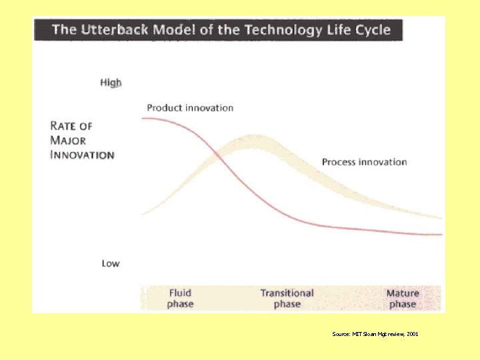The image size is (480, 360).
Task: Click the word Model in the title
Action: pyautogui.click(x=173, y=29)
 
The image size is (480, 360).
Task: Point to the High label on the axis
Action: pyautogui.click(x=111, y=83)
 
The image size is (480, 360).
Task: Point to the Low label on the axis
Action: pyautogui.click(x=111, y=263)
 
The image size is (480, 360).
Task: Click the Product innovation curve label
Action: pyautogui.click(x=190, y=107)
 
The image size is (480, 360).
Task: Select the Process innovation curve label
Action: pyautogui.click(x=364, y=161)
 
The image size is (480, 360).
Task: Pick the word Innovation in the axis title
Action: pyautogui.click(x=82, y=155)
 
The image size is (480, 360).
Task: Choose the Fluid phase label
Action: pyautogui.click(x=180, y=298)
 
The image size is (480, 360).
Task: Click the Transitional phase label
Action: pyautogui.click(x=287, y=298)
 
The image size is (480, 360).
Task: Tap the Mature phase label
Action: pyautogui.click(x=403, y=298)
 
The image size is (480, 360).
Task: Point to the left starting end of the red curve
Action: pyautogui.click(x=143, y=118)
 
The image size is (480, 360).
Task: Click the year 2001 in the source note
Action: pyautogui.click(x=412, y=333)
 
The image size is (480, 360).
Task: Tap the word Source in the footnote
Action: pyautogui.click(x=340, y=333)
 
